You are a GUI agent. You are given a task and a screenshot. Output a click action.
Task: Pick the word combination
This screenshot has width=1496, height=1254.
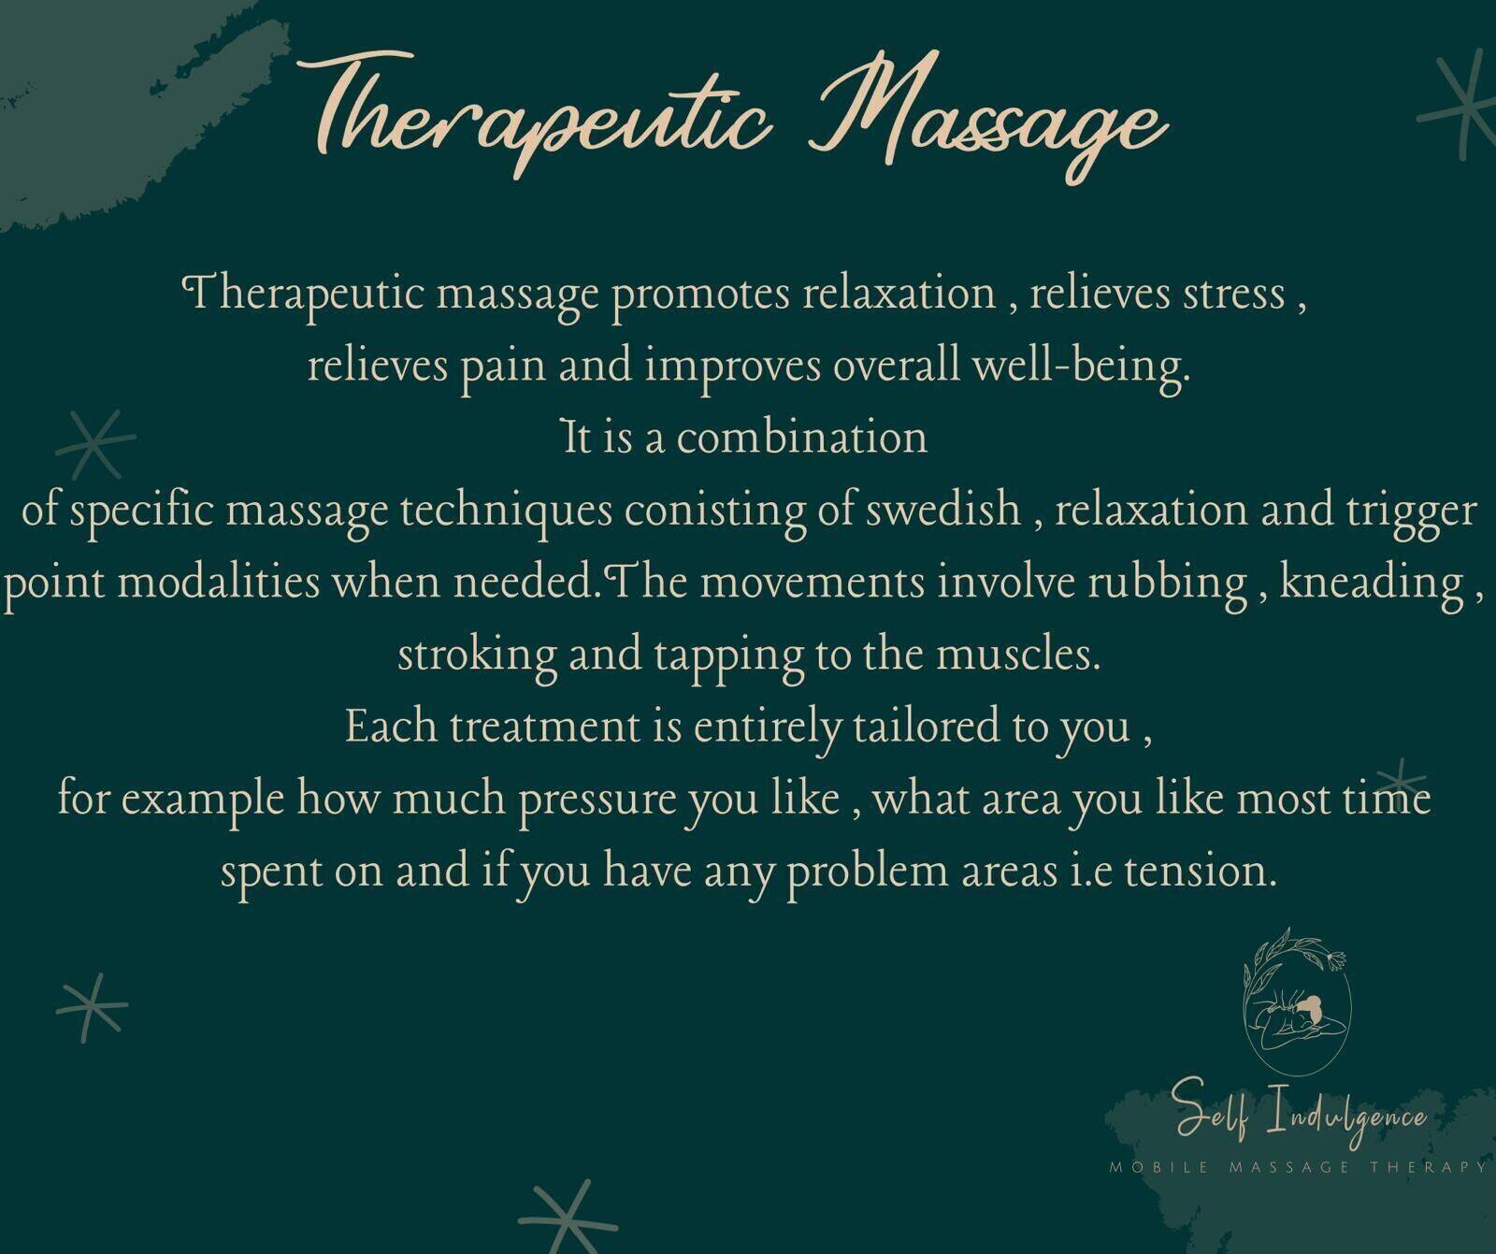coord(801,437)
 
